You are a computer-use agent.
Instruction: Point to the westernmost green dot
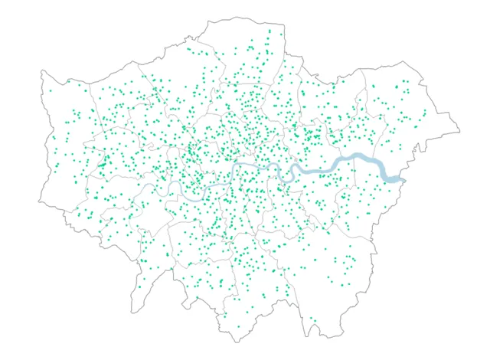point(51,91)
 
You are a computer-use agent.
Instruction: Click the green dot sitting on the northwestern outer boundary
point(68,80)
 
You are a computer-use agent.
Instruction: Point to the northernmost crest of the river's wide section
point(356,155)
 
